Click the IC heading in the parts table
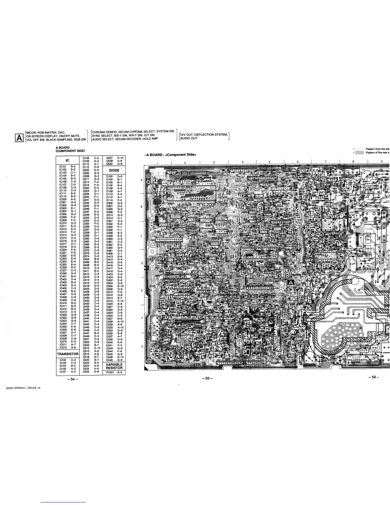click(68, 160)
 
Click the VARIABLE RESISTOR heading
click(114, 366)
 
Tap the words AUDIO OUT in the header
click(189, 138)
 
